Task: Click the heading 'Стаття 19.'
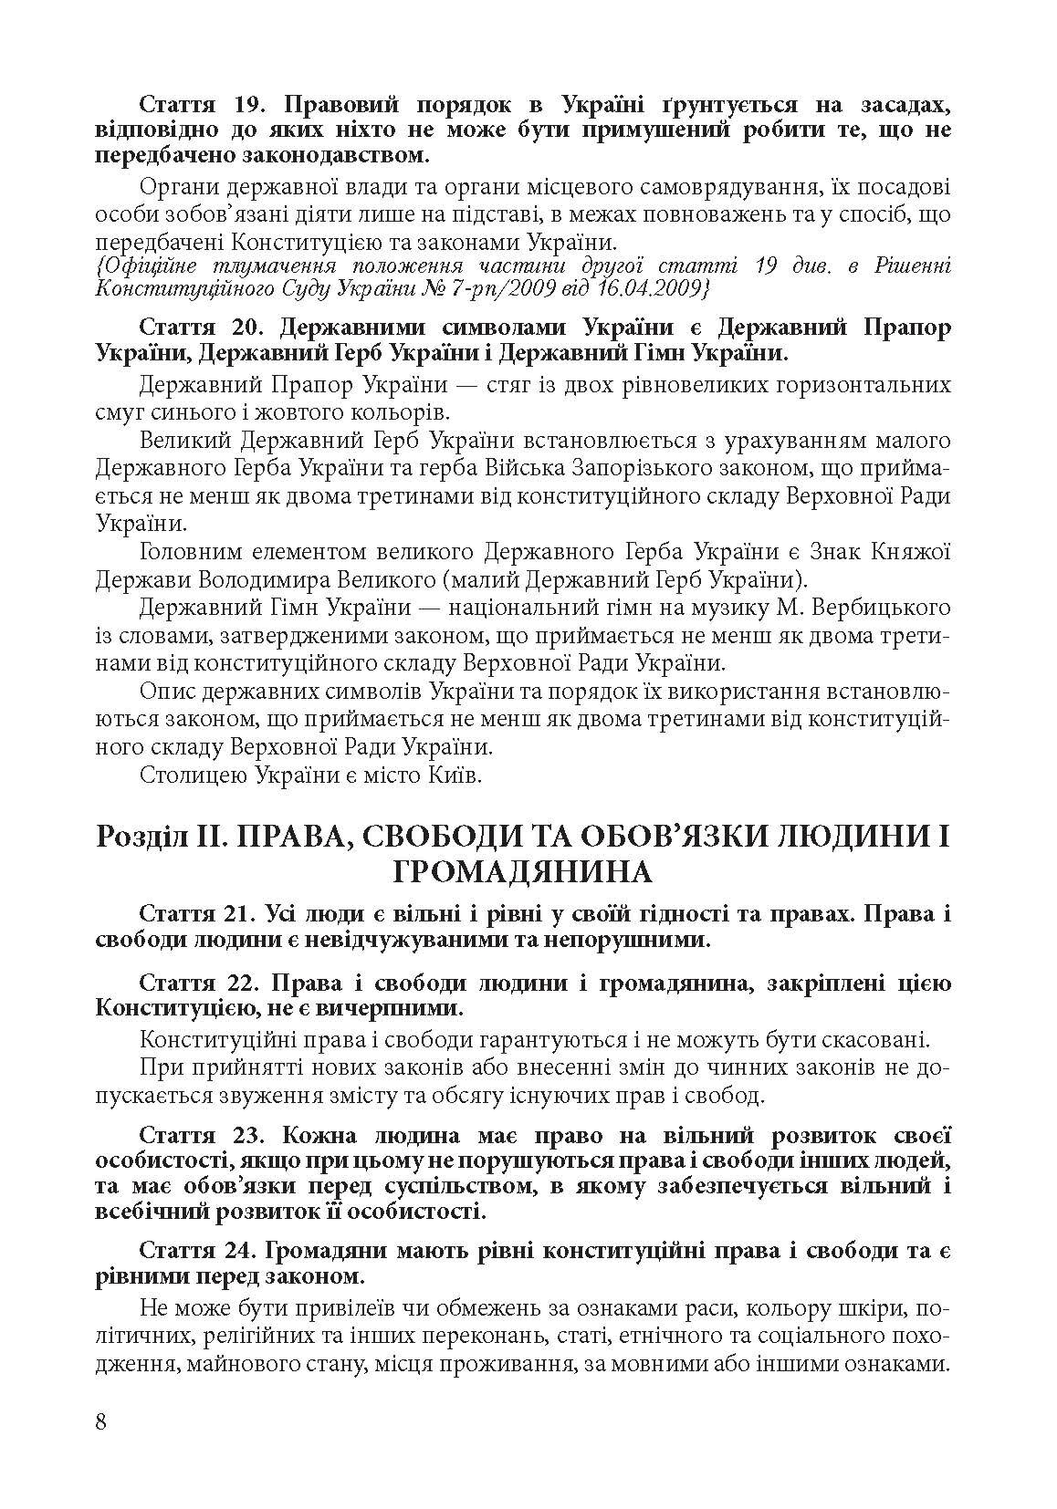click(x=191, y=104)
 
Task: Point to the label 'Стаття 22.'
click(x=191, y=983)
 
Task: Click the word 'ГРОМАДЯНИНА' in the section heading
click(x=523, y=873)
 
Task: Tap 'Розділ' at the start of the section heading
click(x=139, y=837)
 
